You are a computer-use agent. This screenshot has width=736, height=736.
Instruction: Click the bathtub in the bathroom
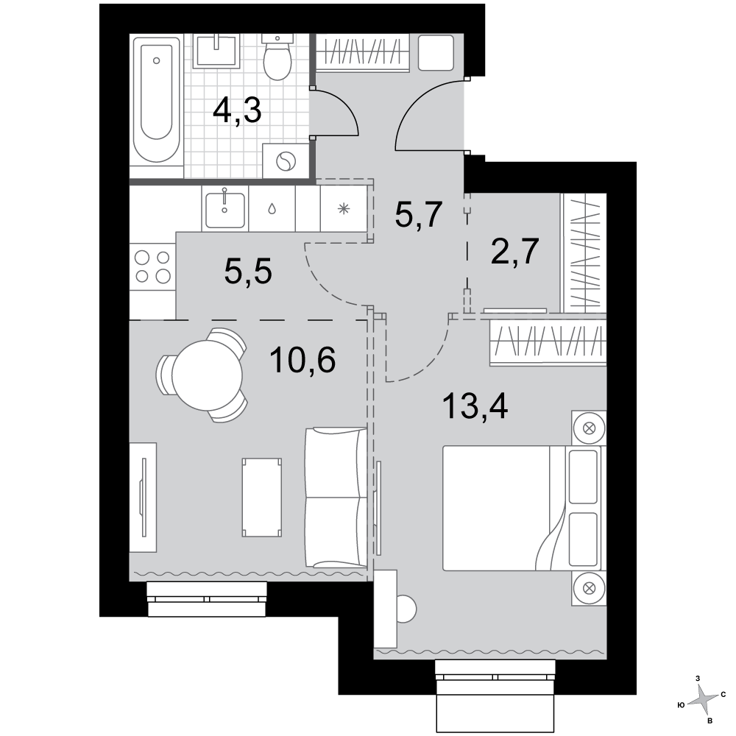tap(156, 100)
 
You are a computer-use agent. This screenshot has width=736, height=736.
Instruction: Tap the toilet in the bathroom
tap(277, 57)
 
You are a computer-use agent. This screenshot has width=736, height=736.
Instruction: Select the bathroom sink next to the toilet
tap(216, 51)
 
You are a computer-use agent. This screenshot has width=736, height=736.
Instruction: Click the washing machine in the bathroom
tap(286, 161)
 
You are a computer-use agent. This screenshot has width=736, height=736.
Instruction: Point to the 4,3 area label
tap(237, 111)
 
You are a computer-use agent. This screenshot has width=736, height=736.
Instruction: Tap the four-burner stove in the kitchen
tap(152, 267)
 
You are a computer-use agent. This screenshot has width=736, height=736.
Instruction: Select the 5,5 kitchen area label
tap(248, 272)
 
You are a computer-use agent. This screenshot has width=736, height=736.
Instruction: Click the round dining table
tap(207, 375)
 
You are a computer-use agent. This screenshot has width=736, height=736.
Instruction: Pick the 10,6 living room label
tap(302, 360)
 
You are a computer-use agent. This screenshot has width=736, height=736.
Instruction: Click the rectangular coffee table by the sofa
tap(262, 498)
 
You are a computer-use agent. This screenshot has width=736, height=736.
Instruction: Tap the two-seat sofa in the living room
tap(336, 498)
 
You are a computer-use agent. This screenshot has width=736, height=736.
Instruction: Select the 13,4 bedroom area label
tap(475, 406)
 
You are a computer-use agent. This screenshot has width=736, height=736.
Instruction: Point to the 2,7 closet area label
tap(514, 252)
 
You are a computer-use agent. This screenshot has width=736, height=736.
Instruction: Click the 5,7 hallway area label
tap(419, 214)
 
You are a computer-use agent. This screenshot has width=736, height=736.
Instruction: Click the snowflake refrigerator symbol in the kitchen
tap(344, 209)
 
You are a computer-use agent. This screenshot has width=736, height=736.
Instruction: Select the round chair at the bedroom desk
tap(406, 609)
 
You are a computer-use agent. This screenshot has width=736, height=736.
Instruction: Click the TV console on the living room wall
tap(144, 497)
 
